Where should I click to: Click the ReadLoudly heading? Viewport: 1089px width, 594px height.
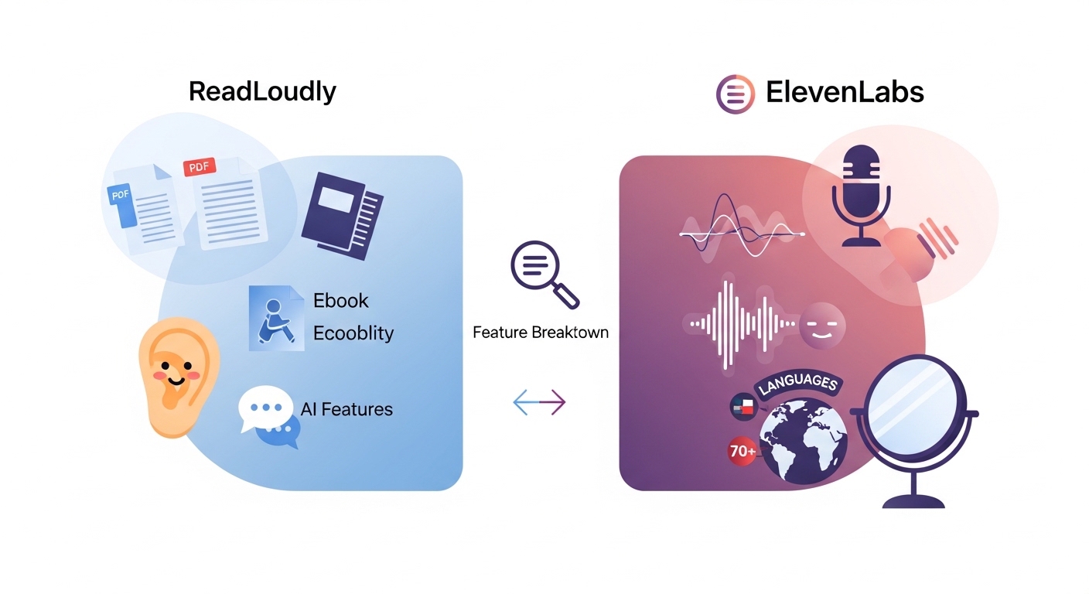262,92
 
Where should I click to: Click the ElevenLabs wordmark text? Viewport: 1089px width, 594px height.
845,92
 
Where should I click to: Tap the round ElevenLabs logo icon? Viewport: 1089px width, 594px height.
736,94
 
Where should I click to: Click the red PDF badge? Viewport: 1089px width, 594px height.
200,167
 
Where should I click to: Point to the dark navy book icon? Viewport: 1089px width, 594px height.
343,216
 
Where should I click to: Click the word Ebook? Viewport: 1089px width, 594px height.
341,300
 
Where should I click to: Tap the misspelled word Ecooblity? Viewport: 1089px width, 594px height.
353,333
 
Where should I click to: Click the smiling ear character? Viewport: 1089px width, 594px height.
178,377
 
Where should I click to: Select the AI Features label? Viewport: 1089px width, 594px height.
346,409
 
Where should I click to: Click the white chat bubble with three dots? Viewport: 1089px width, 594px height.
265,408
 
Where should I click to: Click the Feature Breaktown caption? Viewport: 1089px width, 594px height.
541,333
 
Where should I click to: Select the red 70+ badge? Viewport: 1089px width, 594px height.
742,452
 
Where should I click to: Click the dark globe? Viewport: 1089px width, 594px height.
804,442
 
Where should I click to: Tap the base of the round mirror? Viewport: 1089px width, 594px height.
913,501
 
